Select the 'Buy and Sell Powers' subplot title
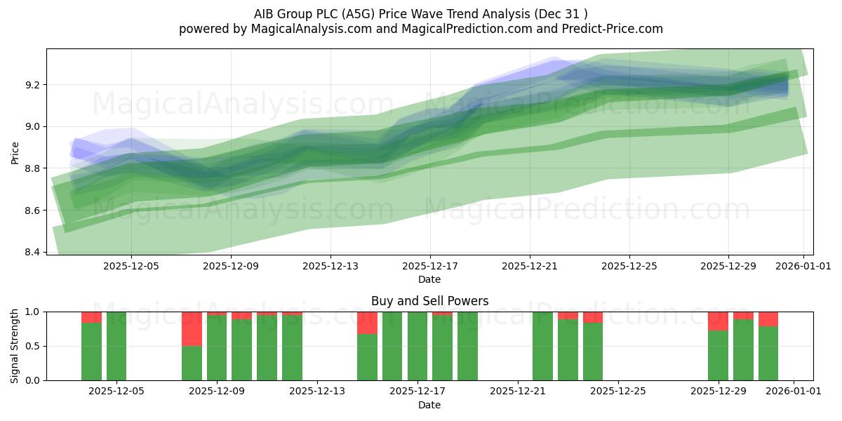click(429, 301)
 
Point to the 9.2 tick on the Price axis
click(32, 85)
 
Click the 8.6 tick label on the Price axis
click(32, 210)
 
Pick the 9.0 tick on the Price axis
click(32, 127)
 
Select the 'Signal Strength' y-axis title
click(15, 346)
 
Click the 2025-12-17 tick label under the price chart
click(429, 267)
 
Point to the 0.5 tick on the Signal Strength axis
click(32, 346)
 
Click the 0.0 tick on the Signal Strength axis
click(32, 380)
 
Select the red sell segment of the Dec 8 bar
click(192, 328)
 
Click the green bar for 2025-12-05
click(116, 346)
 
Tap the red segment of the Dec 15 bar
click(367, 323)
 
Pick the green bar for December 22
click(542, 346)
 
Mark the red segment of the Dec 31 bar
click(768, 319)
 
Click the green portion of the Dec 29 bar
click(718, 356)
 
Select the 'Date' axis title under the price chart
click(429, 279)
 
